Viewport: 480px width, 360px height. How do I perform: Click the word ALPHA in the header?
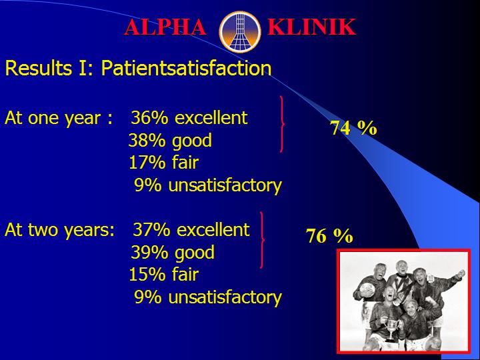pos(165,27)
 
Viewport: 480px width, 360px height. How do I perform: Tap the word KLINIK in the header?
pos(311,27)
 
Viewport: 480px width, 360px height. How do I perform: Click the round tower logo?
pos(240,32)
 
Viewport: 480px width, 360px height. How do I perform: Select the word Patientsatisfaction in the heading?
pos(186,68)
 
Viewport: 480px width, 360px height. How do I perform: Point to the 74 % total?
pos(353,127)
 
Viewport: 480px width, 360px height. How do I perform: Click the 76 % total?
pos(329,236)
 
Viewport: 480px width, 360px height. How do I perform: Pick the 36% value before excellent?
pos(149,117)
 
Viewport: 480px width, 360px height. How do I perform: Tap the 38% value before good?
pos(147,140)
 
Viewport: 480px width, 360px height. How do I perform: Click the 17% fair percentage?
pos(147,162)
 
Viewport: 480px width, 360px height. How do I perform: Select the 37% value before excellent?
pos(151,229)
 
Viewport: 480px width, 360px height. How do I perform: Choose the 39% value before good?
pos(149,252)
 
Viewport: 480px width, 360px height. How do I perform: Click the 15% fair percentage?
pos(147,274)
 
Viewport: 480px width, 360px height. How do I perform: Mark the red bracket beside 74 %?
pos(282,124)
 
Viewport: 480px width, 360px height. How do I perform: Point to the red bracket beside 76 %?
pos(263,240)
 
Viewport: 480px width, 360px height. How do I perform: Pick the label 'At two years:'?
pos(60,230)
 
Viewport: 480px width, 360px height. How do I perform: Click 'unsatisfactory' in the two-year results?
pos(225,297)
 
